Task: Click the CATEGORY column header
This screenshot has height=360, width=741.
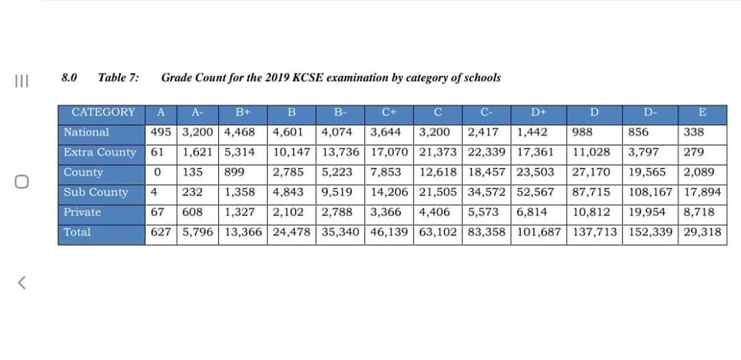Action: pyautogui.click(x=103, y=112)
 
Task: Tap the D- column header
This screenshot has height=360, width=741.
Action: pyautogui.click(x=649, y=112)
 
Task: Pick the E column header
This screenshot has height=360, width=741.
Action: pyautogui.click(x=701, y=112)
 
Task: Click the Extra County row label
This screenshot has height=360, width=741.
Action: pyautogui.click(x=99, y=152)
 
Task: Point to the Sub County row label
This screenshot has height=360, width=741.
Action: pyautogui.click(x=95, y=192)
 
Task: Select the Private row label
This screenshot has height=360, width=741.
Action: pyautogui.click(x=82, y=212)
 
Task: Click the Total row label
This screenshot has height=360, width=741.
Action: pyautogui.click(x=77, y=232)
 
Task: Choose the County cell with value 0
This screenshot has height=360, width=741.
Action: pyautogui.click(x=158, y=172)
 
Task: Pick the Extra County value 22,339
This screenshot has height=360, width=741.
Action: pyautogui.click(x=487, y=152)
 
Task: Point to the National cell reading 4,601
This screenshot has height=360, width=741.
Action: pyautogui.click(x=288, y=132)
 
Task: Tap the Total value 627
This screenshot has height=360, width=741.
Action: pyautogui.click(x=162, y=232)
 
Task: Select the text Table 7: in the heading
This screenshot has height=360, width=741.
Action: pyautogui.click(x=119, y=77)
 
